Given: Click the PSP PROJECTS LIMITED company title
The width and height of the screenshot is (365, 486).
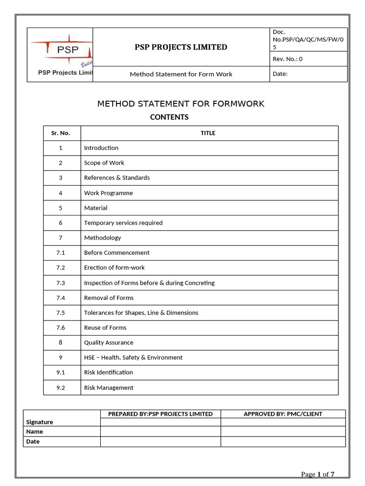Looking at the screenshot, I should pyautogui.click(x=181, y=47).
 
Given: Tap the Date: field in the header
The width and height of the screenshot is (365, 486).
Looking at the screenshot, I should pyautogui.click(x=280, y=74).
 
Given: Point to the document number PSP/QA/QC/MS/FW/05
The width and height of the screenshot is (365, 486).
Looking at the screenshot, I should pyautogui.click(x=308, y=39).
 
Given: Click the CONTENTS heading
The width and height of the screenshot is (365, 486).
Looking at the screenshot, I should pyautogui.click(x=169, y=117).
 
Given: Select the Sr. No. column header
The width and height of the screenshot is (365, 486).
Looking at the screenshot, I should pyautogui.click(x=60, y=133).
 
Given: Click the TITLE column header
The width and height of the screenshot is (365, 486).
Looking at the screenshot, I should pyautogui.click(x=208, y=133).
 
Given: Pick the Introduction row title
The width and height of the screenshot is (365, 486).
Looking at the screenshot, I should pyautogui.click(x=101, y=148).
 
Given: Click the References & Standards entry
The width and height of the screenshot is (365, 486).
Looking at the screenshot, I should pyautogui.click(x=117, y=178).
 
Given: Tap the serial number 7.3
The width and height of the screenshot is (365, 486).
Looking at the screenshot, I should pyautogui.click(x=60, y=283).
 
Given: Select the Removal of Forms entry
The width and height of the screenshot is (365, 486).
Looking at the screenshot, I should pyautogui.click(x=109, y=298).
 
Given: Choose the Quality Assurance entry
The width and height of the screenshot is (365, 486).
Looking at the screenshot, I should pyautogui.click(x=109, y=343).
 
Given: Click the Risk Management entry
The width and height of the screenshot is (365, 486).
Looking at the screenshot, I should pyautogui.click(x=109, y=388).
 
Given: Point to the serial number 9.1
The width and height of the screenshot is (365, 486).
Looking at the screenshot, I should pyautogui.click(x=60, y=373).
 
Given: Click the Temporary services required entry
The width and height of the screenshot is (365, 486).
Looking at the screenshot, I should pyautogui.click(x=123, y=223).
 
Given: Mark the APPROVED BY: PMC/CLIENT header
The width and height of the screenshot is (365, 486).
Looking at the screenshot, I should pyautogui.click(x=283, y=414).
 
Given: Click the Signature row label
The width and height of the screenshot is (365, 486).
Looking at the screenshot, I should pyautogui.click(x=39, y=422).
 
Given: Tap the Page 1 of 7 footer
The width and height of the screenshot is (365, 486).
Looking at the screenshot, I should pyautogui.click(x=318, y=474).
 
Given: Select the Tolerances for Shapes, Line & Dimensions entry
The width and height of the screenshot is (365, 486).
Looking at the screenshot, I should pyautogui.click(x=141, y=313).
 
